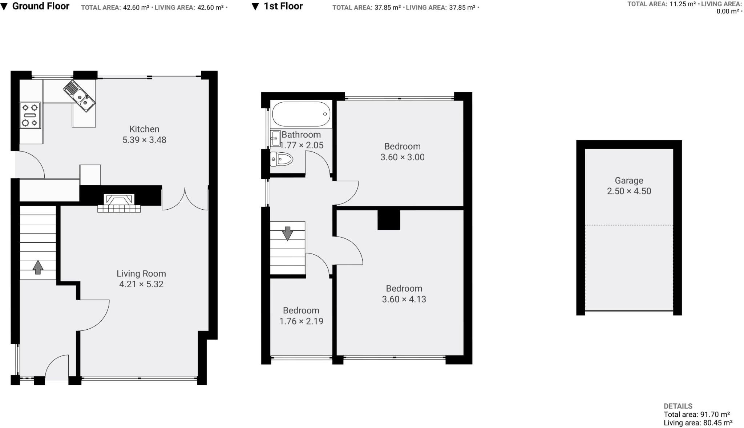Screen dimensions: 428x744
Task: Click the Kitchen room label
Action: point(144,129)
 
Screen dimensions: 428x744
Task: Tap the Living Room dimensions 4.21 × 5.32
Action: point(141,284)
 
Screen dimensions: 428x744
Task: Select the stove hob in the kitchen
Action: point(30,115)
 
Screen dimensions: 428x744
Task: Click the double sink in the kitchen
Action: point(80,96)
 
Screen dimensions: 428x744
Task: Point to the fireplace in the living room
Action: point(119,203)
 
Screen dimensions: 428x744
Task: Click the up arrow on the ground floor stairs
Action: point(38,267)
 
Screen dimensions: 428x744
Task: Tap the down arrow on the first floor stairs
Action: point(287,233)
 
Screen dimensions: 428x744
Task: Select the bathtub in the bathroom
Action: point(301,114)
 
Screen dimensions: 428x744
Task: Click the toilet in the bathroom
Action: point(282,159)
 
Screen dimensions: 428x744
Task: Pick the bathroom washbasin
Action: point(275,138)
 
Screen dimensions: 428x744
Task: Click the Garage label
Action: point(629,181)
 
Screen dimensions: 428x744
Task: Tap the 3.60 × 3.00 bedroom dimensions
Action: point(402,157)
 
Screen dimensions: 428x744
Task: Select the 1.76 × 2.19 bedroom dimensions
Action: point(301,321)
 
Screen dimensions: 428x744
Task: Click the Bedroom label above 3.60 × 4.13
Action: point(404,289)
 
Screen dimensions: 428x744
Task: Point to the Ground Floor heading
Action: point(41,6)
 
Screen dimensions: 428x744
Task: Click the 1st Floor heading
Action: point(283,6)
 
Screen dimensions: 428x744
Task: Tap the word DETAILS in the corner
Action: point(678,406)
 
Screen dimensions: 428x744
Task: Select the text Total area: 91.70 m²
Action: point(696,415)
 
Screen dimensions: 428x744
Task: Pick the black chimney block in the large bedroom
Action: point(389,220)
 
